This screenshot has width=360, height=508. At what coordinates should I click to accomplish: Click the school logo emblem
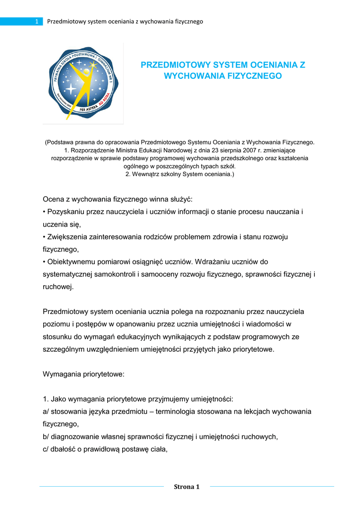pyautogui.click(x=83, y=82)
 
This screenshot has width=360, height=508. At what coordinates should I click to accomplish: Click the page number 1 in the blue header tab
pyautogui.click(x=37, y=21)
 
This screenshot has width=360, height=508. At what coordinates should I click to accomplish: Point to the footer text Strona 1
pyautogui.click(x=186, y=487)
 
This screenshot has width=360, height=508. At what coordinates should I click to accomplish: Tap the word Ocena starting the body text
pyautogui.click(x=54, y=199)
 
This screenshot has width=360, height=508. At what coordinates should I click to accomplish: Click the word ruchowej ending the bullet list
pyautogui.click(x=58, y=286)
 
